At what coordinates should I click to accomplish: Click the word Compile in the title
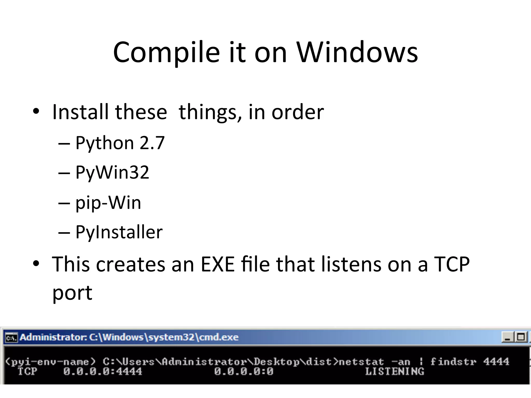166,53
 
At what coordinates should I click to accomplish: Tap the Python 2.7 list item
120,143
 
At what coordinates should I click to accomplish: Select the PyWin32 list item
112,172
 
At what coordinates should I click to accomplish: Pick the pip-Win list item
108,203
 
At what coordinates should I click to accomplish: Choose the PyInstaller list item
119,232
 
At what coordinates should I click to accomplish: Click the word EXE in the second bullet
218,264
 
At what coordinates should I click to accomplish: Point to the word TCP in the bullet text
451,264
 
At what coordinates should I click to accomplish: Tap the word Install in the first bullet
80,112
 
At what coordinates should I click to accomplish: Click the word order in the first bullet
298,112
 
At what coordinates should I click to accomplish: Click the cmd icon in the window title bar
11,338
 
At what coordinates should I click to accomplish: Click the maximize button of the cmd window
521,337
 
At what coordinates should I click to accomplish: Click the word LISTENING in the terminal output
394,372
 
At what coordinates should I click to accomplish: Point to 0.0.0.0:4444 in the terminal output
103,372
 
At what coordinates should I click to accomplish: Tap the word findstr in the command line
453,361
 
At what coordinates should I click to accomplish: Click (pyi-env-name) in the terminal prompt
51,362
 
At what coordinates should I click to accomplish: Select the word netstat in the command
361,362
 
